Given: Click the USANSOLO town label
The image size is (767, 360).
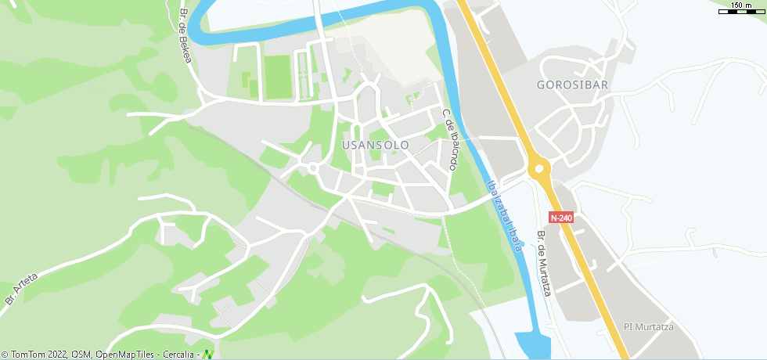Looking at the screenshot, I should (x=376, y=146).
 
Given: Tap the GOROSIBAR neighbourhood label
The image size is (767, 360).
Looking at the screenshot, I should (x=573, y=85).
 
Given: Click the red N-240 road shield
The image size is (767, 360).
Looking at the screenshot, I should (x=561, y=218).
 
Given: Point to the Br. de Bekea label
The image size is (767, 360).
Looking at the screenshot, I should (x=185, y=36).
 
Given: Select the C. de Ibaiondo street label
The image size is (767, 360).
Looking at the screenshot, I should (x=450, y=141).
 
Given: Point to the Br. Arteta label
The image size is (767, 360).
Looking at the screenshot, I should (x=21, y=289).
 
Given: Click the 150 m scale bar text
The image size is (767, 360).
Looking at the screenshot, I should (x=741, y=5).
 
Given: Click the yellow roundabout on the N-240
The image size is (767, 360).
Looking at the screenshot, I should (x=538, y=169).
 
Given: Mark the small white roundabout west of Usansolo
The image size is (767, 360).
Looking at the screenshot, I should (x=312, y=168).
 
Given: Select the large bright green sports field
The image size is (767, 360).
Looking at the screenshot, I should (x=278, y=77).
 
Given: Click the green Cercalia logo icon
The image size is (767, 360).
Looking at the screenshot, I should (x=208, y=354).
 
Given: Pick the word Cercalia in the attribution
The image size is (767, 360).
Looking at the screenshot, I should (x=178, y=355).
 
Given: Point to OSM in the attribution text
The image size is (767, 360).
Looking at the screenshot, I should (x=81, y=355).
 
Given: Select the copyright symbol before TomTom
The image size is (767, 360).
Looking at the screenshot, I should (x=5, y=355).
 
